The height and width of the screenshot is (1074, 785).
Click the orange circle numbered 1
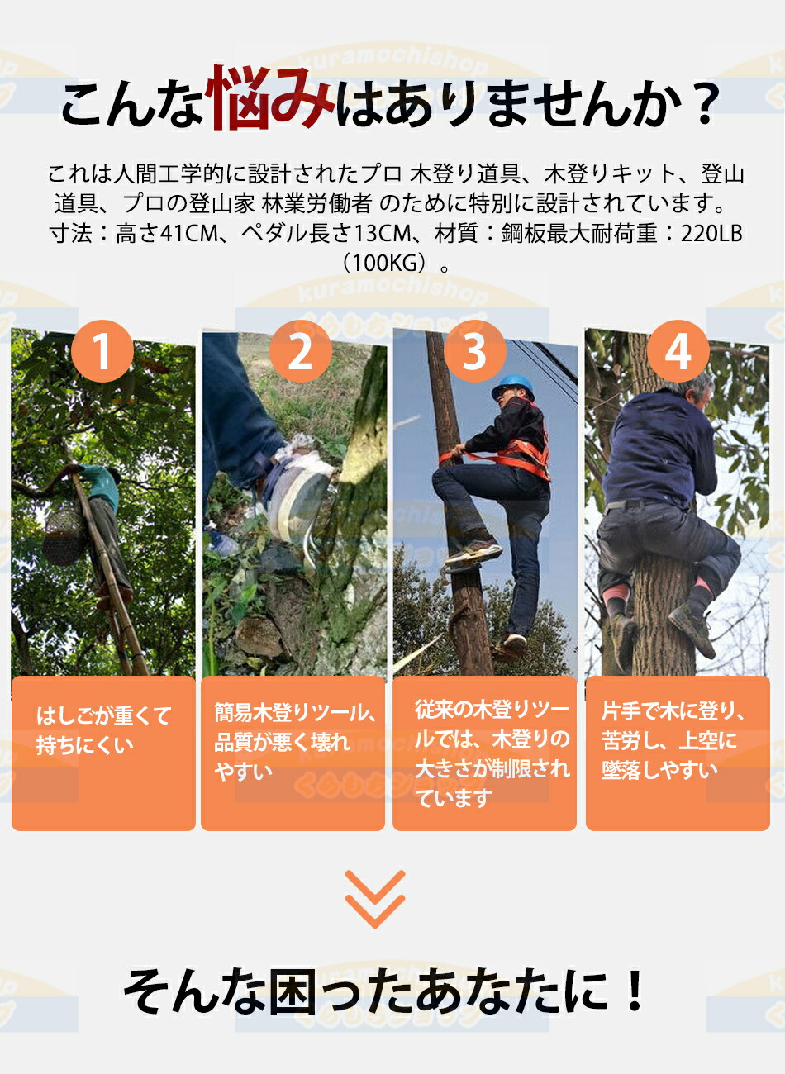[x=102, y=351]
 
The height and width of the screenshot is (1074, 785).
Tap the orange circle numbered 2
[x=300, y=351]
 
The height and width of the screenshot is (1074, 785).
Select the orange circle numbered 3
[x=473, y=351]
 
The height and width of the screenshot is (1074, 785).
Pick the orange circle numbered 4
[x=678, y=351]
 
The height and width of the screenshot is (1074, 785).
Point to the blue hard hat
[x=512, y=387]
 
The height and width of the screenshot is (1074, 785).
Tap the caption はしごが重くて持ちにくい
[x=103, y=730]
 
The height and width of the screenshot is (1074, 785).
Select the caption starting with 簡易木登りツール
[x=294, y=741]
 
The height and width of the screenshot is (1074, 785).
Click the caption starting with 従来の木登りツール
[x=492, y=753]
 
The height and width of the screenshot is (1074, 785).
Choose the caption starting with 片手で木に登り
[x=673, y=741]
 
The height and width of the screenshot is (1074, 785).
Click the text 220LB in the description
[x=711, y=234]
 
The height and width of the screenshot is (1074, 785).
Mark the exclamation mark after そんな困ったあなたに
[x=635, y=991]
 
